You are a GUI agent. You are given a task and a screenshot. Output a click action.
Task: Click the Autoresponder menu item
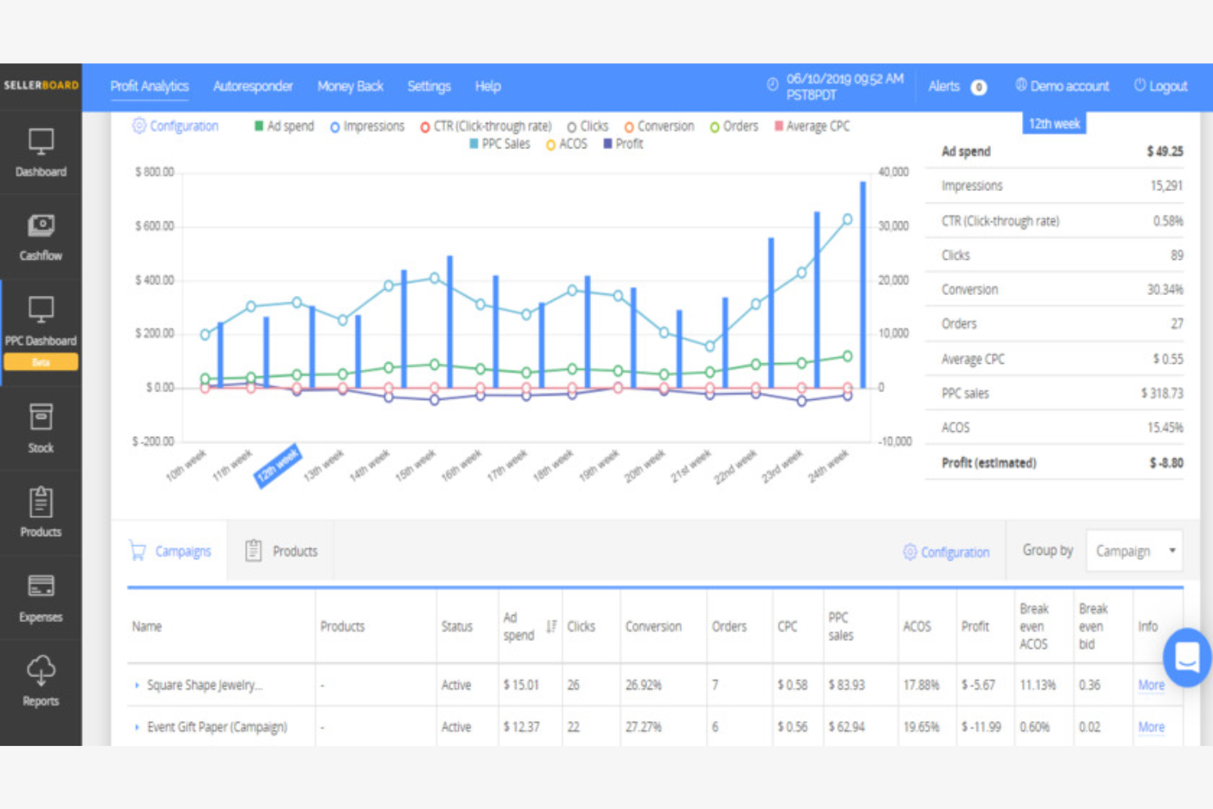point(252,86)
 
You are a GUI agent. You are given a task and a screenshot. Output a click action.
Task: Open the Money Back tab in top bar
point(350,86)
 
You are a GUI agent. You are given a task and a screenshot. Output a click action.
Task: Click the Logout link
point(1161,86)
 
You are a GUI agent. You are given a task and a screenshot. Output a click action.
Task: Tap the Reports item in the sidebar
point(41,680)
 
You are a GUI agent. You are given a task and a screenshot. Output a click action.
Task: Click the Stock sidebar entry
point(41,427)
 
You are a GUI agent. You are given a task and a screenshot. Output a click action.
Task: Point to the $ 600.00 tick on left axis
point(154,226)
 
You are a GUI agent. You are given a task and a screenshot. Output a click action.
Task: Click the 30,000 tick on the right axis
point(893,226)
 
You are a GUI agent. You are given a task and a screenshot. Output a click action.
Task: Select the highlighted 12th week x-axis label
point(278,465)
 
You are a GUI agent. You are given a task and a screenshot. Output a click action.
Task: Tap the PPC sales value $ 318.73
point(1161,393)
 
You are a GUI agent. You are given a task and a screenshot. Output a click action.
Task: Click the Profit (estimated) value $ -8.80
point(1165,463)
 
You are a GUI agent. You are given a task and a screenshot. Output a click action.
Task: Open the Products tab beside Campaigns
point(281,552)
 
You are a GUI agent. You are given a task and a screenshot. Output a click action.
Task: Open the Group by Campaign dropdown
point(1135,552)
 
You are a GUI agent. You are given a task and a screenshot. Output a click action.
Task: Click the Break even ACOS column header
point(1034,626)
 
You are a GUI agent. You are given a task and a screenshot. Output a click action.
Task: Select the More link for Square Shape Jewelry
point(1151,685)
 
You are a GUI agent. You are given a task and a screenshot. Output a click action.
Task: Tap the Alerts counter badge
point(979,87)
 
